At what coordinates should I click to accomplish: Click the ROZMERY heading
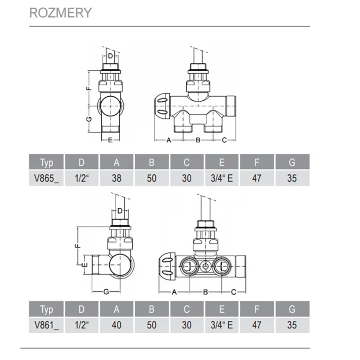coord(60,13)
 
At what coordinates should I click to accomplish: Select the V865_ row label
coord(46,178)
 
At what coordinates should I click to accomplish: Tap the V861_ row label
coord(46,325)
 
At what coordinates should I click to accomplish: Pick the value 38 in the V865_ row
coord(116,178)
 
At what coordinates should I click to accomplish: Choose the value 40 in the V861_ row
coord(116,325)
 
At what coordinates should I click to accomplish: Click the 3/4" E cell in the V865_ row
coord(222,178)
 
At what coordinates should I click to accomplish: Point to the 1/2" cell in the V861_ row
coord(82,325)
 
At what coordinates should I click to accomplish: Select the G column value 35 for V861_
coord(292,325)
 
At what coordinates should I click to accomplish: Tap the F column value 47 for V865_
coord(257,178)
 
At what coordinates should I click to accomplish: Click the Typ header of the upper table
coord(46,163)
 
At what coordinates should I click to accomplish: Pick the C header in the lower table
coord(187,309)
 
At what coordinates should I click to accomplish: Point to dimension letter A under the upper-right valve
coord(169,140)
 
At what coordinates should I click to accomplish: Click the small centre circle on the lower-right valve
coord(204,265)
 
